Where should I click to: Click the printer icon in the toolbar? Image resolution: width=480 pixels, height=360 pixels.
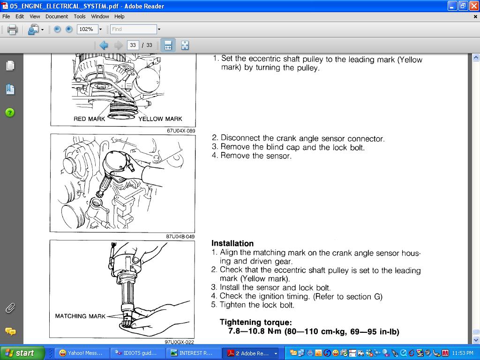tap(12, 30)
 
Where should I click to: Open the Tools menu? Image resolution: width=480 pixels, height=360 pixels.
tap(80, 16)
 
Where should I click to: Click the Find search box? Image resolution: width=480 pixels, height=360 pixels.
tap(133, 30)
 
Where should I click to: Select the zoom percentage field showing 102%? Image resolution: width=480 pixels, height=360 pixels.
tap(87, 30)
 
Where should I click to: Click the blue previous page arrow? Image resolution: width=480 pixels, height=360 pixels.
tap(104, 45)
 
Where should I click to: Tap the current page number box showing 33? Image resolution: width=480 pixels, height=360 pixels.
tap(133, 45)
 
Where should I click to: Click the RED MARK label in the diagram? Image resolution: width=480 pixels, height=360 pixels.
tap(90, 119)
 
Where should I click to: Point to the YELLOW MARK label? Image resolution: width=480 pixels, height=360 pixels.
tap(160, 119)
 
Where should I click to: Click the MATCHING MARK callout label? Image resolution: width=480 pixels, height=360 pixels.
tap(80, 316)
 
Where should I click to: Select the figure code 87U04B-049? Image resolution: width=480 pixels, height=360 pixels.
tap(180, 236)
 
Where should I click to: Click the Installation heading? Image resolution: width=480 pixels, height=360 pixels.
tap(232, 243)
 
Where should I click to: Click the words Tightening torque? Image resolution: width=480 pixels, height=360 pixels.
tap(256, 322)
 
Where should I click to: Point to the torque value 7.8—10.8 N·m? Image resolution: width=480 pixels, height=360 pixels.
tap(255, 331)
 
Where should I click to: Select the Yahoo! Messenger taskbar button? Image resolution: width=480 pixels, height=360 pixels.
tap(81, 353)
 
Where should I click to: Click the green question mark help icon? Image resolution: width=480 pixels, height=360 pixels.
tap(10, 112)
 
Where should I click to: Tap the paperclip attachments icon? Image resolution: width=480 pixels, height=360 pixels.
tap(10, 308)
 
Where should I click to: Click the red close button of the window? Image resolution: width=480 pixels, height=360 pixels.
tap(474, 6)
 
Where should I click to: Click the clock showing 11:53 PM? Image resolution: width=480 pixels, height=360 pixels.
tap(463, 353)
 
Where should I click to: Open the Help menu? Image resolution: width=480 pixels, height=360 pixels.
tap(120, 16)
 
